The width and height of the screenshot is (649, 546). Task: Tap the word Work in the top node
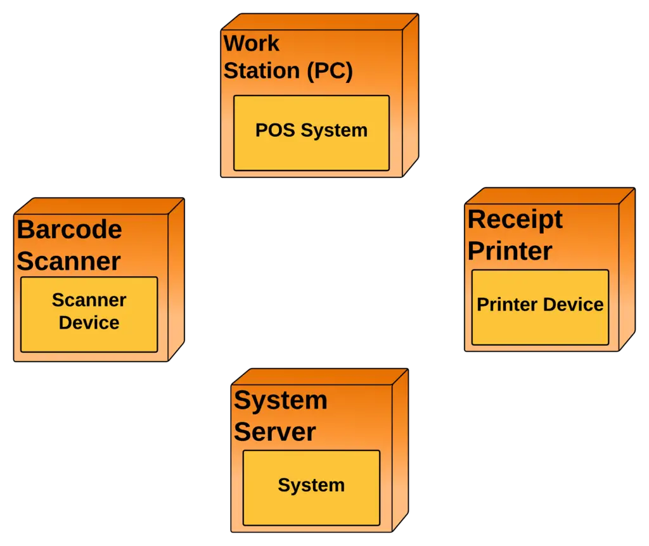[252, 44]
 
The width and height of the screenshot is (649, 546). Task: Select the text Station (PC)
[288, 71]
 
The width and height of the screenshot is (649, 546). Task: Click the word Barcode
[69, 229]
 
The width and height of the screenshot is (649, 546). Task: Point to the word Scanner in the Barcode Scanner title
[68, 261]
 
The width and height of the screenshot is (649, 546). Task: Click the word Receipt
[515, 219]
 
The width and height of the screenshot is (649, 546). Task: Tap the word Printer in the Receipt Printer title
[510, 251]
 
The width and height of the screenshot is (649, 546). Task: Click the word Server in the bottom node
[274, 432]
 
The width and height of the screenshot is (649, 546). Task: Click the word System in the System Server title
[280, 400]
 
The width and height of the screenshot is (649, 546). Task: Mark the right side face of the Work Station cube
[411, 95]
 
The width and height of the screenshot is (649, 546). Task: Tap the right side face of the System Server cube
[401, 450]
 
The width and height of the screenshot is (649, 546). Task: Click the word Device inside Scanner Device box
[89, 323]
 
